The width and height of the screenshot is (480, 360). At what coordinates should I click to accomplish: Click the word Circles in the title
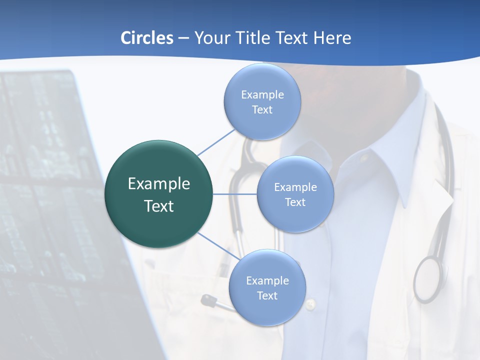pos(147,38)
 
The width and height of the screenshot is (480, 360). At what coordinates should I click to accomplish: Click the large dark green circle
pos(159,194)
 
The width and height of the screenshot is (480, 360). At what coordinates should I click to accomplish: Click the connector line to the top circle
pos(216,141)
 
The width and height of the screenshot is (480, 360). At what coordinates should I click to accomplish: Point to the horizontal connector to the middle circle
pos(235,194)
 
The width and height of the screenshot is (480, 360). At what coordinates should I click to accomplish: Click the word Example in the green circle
pos(159,184)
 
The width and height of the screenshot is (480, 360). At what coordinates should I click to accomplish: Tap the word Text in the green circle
pos(159,206)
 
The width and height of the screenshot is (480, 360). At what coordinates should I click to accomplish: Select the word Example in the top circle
pos(262,95)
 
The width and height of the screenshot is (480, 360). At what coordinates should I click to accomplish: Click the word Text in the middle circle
pos(295,202)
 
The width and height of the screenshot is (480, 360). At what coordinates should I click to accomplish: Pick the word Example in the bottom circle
pos(267,281)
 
